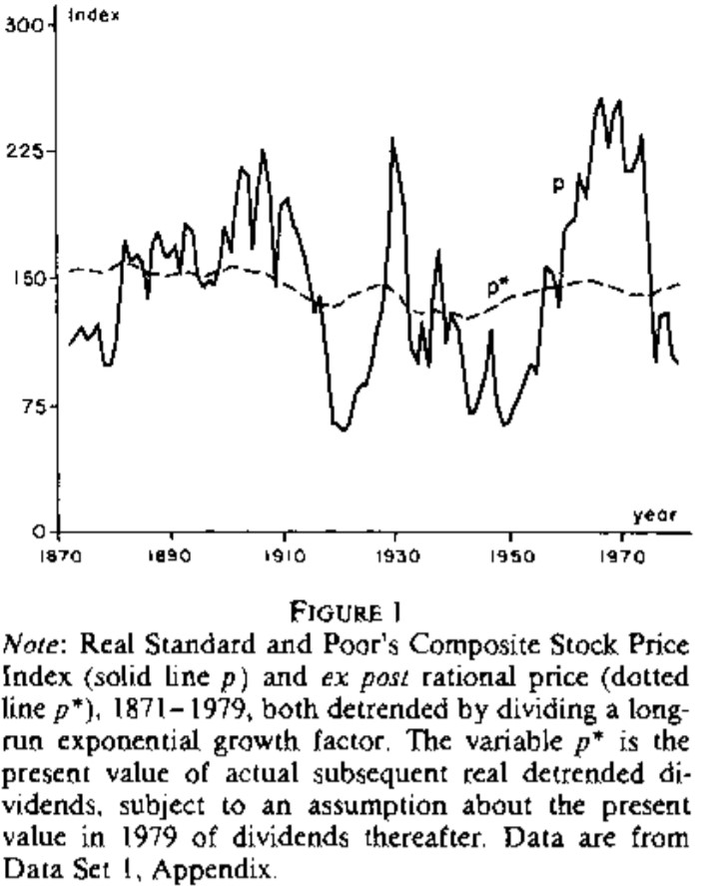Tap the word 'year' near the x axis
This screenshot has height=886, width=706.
point(655,515)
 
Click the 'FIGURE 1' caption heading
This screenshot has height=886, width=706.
point(352,608)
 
